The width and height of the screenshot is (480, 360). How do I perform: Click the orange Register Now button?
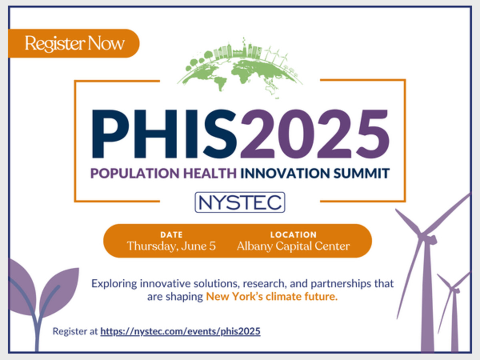(x=74, y=43)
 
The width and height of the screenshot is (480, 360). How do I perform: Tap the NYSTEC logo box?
(x=240, y=202)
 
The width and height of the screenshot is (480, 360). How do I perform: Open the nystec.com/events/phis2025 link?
(x=180, y=331)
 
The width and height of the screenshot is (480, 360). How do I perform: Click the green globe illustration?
(x=240, y=68)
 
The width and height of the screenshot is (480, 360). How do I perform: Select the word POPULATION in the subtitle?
(x=135, y=173)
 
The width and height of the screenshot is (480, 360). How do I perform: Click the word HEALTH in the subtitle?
(x=210, y=173)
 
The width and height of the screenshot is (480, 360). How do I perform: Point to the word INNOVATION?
(x=285, y=173)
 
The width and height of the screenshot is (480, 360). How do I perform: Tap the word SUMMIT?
(x=362, y=173)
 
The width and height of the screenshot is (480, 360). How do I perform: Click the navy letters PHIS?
(x=165, y=134)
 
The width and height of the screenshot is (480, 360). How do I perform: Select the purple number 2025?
(x=315, y=134)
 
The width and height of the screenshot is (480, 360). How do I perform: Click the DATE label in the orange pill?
(x=172, y=235)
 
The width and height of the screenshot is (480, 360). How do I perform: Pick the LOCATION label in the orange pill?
(x=294, y=235)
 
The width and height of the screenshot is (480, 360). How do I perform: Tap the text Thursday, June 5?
(x=172, y=246)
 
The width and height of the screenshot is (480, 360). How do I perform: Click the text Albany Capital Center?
(x=294, y=246)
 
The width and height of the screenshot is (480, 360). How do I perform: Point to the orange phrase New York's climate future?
(x=272, y=297)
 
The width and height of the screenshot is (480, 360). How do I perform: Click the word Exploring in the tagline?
(x=114, y=284)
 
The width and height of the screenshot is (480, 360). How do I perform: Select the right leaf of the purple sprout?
(x=60, y=291)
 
